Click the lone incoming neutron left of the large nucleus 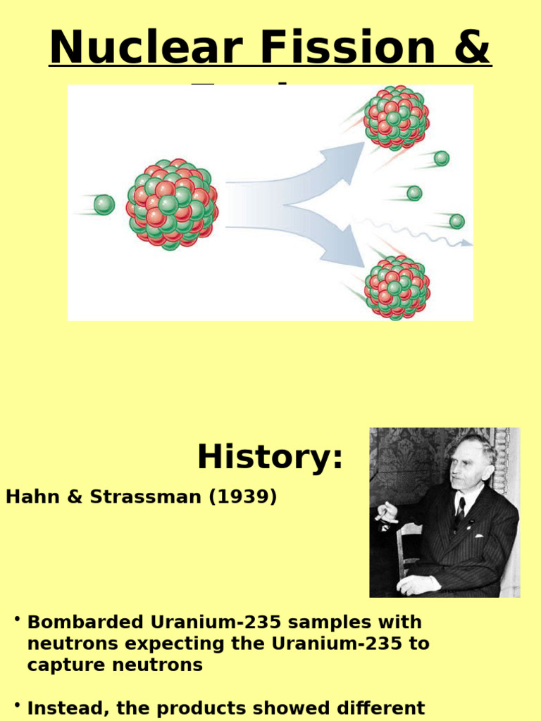104,205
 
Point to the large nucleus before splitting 171,205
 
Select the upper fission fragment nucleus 396,118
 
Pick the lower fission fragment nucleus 397,287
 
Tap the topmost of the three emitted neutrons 441,158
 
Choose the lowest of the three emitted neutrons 456,221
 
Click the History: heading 270,457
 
